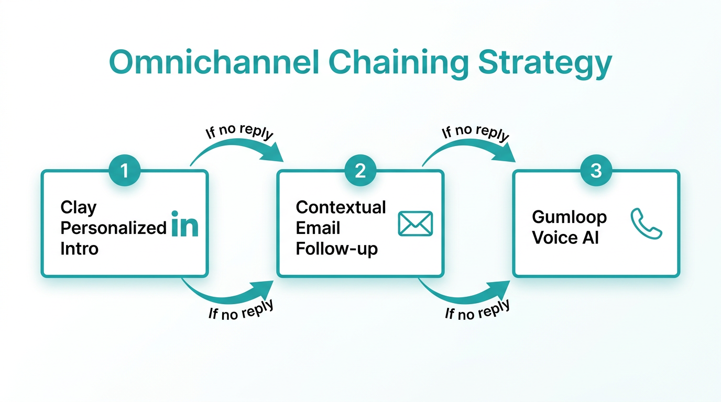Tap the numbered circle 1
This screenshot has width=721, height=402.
tap(125, 171)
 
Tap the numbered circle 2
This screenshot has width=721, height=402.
tap(360, 171)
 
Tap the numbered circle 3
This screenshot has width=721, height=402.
tap(596, 171)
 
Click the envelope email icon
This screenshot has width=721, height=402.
tap(415, 224)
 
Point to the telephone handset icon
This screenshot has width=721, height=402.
tap(646, 224)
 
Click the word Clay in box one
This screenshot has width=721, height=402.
tap(79, 208)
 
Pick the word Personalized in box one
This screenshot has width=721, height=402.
tap(114, 228)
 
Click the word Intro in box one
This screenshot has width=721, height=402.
tap(79, 248)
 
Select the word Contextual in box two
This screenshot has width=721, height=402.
tap(341, 207)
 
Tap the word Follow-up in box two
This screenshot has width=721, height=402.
tap(336, 249)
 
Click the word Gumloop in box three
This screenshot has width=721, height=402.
tap(569, 217)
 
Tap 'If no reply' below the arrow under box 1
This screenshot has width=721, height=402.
tap(241, 310)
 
